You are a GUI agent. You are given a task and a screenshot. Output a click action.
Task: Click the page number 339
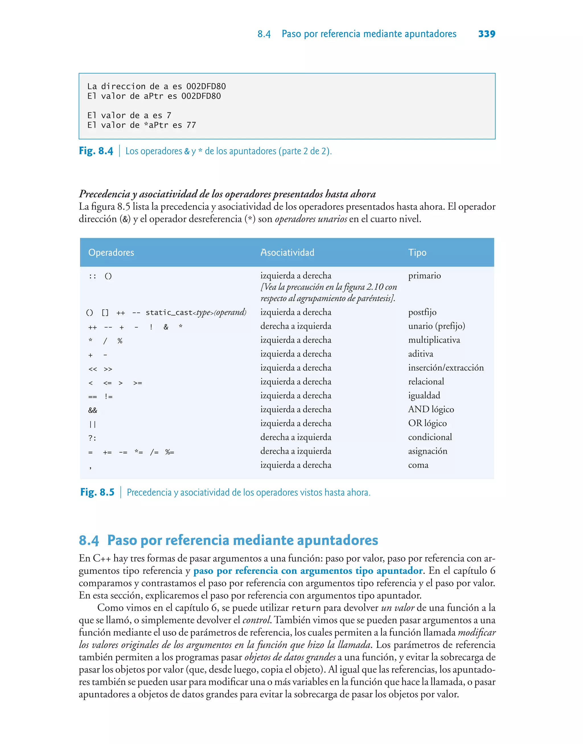click(486, 34)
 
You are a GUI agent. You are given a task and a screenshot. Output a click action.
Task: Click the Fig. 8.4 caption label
click(96, 151)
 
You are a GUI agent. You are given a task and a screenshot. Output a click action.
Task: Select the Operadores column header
click(111, 252)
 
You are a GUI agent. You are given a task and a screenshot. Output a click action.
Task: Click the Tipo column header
click(417, 252)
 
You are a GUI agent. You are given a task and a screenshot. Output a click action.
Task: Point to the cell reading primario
click(424, 275)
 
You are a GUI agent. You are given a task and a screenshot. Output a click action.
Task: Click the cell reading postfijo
click(422, 312)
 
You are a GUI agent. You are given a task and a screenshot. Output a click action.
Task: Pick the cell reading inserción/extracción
click(446, 368)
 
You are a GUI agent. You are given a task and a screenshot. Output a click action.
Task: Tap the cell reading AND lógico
click(431, 409)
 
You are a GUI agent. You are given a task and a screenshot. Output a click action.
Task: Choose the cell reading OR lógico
click(427, 423)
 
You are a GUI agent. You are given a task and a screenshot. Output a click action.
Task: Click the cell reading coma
click(418, 465)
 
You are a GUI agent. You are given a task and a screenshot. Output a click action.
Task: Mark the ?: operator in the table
click(92, 438)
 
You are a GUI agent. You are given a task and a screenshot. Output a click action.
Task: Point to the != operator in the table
click(108, 396)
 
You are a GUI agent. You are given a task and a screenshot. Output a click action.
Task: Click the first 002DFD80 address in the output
click(206, 86)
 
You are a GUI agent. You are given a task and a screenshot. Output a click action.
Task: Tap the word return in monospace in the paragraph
click(306, 608)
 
